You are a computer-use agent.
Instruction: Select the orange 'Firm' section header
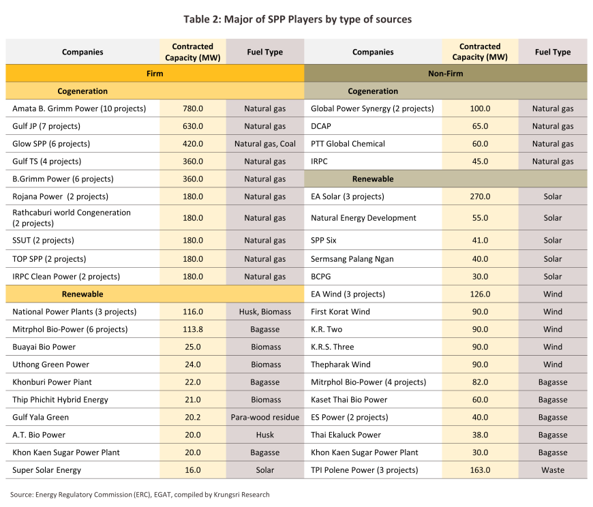point(155,74)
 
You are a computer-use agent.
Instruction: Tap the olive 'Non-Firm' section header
point(446,74)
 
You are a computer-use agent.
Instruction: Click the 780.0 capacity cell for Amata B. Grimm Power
point(193,108)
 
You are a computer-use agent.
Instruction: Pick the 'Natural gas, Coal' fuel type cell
point(264,144)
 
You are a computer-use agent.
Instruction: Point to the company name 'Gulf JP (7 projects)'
point(46,126)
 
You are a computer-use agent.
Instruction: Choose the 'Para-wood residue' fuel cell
point(264,417)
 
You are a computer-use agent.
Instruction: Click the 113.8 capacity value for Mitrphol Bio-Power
point(193,329)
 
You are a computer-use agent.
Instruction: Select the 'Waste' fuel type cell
point(553,470)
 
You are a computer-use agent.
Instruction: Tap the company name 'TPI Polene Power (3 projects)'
point(364,470)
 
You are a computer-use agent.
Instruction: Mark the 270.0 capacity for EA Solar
point(480,197)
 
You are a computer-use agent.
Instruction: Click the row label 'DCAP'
point(321,126)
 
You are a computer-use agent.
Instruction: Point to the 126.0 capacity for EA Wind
point(480,294)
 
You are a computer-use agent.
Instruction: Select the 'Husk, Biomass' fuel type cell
point(264,311)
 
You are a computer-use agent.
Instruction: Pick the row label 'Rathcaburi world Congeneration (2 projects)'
point(72,218)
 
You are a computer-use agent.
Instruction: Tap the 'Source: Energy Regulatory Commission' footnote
point(140,495)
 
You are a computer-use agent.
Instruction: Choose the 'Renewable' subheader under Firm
point(82,294)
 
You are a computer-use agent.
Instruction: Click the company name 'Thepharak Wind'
point(340,365)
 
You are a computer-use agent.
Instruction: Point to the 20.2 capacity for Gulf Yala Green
point(193,417)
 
